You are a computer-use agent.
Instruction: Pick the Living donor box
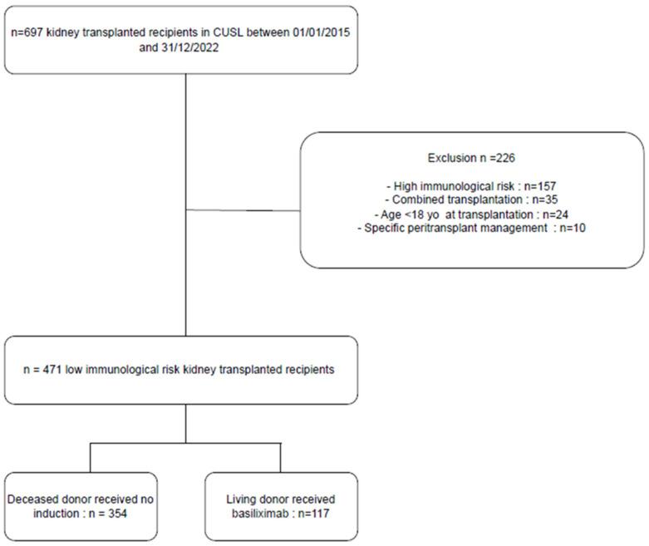(280, 503)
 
